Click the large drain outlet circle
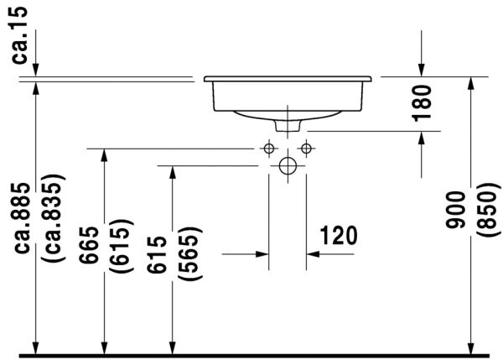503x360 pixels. pos(287,165)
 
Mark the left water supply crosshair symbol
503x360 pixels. pos(268,149)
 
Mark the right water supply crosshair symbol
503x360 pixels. pos(305,149)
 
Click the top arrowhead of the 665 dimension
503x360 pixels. pos(105,155)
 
